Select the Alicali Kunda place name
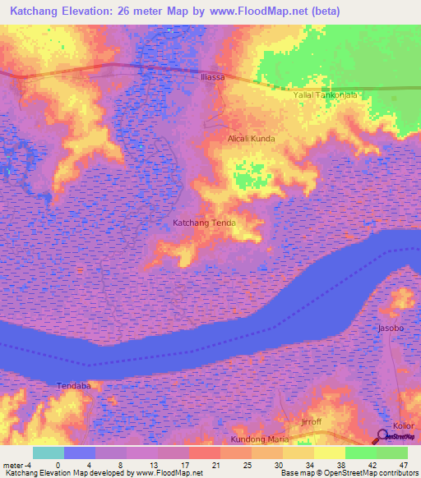[252, 139]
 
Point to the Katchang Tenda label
[204, 223]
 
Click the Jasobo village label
[391, 328]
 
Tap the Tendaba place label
[73, 385]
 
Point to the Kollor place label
[403, 425]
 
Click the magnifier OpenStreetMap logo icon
[383, 436]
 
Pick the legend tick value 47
[403, 464]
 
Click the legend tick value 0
[58, 464]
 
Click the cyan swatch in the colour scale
[48, 453]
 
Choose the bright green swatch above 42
[360, 453]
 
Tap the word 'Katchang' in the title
[38, 11]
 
